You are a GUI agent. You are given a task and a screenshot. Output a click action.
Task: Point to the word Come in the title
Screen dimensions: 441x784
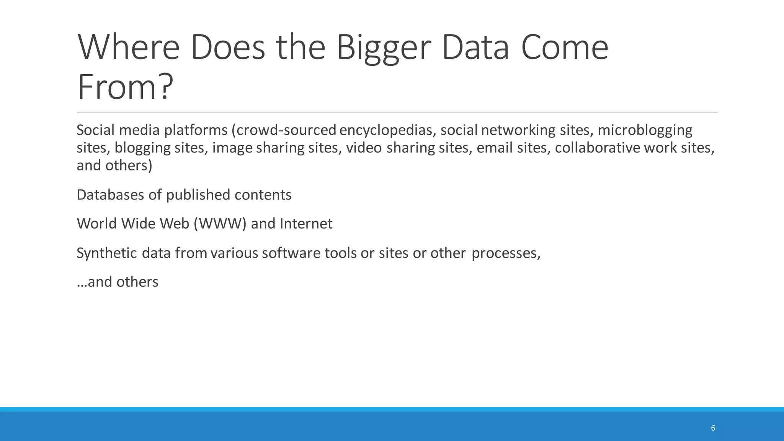click(x=564, y=48)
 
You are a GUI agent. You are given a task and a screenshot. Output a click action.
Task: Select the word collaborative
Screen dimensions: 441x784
click(x=597, y=148)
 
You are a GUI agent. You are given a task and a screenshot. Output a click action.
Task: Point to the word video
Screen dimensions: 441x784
click(x=364, y=148)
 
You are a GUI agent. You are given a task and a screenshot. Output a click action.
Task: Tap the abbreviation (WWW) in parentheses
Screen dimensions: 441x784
click(x=220, y=224)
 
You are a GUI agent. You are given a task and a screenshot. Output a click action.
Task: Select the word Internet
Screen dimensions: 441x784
click(x=306, y=224)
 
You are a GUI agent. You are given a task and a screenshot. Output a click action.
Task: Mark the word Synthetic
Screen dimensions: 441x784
click(x=107, y=253)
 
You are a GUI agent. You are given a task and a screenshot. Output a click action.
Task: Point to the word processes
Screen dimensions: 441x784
click(x=506, y=253)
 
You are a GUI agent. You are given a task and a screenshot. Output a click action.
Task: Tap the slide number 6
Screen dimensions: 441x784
click(x=713, y=428)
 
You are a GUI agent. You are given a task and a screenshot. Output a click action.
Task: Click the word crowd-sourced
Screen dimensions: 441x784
click(x=286, y=131)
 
